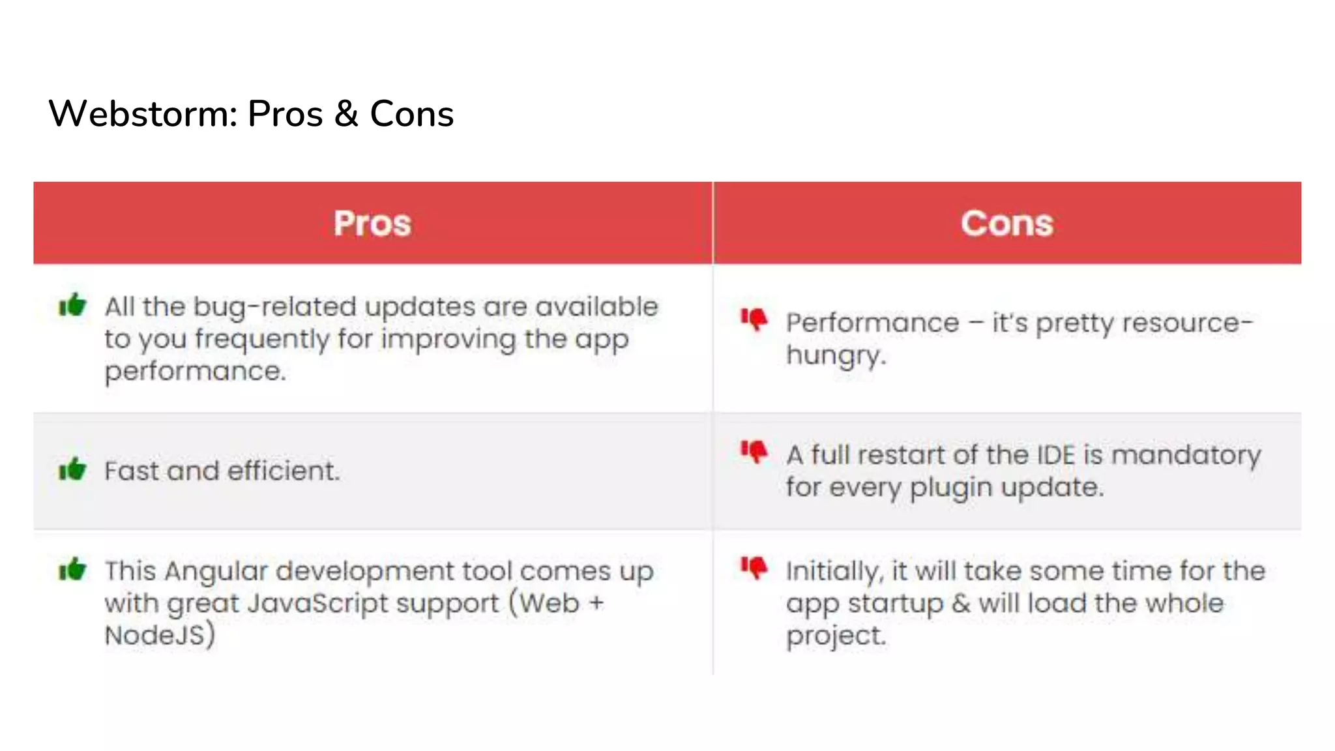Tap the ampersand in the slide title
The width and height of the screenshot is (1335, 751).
point(346,114)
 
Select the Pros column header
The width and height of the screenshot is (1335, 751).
point(372,224)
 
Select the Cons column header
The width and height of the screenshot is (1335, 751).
point(1006,224)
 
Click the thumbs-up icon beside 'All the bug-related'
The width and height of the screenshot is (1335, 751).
point(72,304)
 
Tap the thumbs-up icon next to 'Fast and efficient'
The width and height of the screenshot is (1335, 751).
point(72,469)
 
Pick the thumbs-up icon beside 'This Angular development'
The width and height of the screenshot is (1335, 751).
point(72,569)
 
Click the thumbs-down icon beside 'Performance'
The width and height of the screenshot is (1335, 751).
point(754,319)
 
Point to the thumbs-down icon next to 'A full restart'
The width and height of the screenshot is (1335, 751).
point(754,451)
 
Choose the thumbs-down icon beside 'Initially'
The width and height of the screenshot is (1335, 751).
point(754,568)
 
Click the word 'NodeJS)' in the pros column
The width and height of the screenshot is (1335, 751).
point(160,635)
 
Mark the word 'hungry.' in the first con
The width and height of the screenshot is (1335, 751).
point(836,356)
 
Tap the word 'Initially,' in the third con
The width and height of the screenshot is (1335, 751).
point(834,572)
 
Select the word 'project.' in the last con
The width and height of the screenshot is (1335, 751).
point(836,636)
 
